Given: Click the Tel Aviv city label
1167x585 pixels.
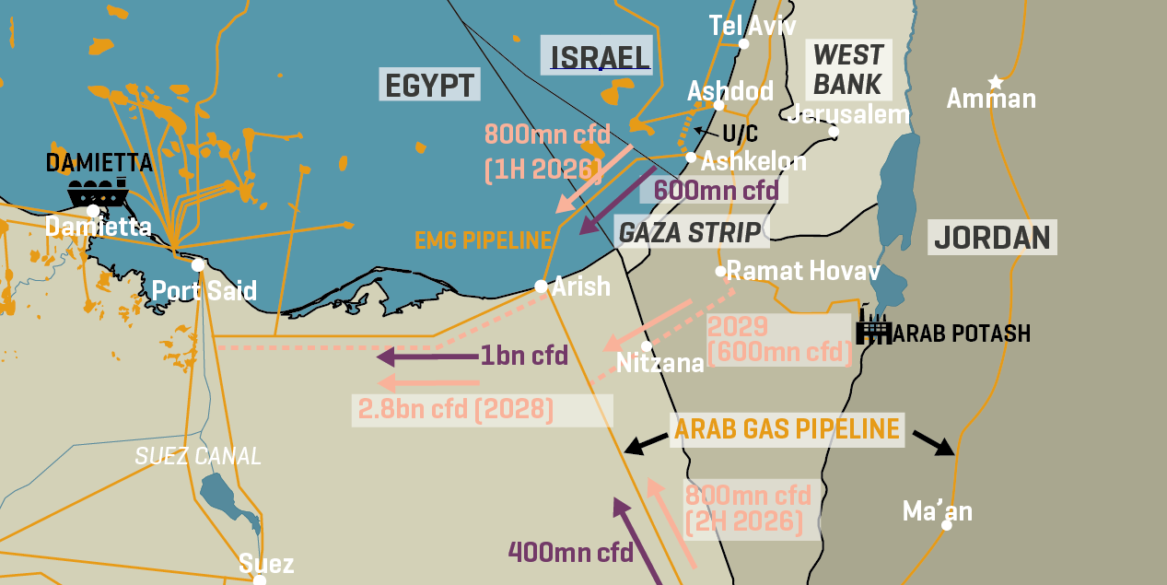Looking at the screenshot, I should point(752,25).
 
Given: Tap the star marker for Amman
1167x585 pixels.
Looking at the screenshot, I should point(995,82).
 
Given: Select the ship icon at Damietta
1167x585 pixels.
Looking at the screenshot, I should point(97,193).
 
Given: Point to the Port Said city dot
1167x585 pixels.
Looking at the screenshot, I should point(197,265).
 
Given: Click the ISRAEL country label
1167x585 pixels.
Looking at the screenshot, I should point(600,57).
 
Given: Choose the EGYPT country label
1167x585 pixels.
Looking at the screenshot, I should point(429,86).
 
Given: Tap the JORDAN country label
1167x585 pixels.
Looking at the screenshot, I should point(991,238).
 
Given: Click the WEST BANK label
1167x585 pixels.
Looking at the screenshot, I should point(848,69).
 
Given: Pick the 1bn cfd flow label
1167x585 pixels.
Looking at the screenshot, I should point(524,356).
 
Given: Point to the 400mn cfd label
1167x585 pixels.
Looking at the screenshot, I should point(570,553).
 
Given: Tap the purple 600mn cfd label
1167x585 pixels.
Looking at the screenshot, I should point(716,191).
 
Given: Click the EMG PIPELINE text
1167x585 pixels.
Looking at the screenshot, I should point(483,241).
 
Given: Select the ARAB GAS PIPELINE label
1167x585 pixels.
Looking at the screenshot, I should point(787,428).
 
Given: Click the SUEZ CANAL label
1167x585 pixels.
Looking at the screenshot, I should point(198,456).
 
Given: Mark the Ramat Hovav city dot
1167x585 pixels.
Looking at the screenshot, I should point(721,271).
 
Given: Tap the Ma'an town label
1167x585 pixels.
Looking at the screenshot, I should point(937,511).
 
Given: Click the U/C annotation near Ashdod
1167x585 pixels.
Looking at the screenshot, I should point(740,134).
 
